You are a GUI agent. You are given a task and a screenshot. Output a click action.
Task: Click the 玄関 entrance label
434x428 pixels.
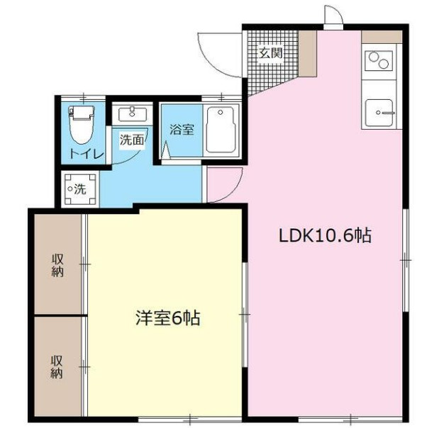point(270,53)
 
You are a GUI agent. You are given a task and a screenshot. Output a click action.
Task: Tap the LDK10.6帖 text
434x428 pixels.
point(325,236)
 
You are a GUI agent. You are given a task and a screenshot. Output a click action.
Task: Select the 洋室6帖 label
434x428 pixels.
point(168,318)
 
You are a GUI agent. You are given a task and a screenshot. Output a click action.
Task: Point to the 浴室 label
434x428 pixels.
point(182,130)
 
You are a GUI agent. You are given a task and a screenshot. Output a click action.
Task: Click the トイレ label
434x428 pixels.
point(87,154)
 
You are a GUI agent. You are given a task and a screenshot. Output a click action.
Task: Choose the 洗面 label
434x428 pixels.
point(132,140)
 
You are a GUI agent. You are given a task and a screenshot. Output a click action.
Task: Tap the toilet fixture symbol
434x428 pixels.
point(82,125)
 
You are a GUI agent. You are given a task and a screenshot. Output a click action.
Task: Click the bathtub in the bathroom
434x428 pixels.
point(221,130)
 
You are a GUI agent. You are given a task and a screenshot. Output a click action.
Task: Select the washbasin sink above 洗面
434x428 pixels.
point(133,114)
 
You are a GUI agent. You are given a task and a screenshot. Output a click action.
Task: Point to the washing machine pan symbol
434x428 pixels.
point(79,190)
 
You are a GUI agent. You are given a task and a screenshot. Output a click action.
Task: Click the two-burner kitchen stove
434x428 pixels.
point(379,61)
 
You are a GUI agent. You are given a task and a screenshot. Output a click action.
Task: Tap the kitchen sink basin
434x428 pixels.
point(379,113)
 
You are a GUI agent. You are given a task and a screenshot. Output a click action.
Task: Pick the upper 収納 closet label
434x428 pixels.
point(57,266)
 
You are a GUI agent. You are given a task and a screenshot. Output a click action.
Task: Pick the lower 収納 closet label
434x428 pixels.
point(57,367)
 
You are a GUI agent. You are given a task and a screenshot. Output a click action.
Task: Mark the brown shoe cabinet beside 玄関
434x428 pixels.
point(308,54)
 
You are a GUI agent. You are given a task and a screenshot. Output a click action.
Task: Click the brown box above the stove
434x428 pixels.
point(382,37)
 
